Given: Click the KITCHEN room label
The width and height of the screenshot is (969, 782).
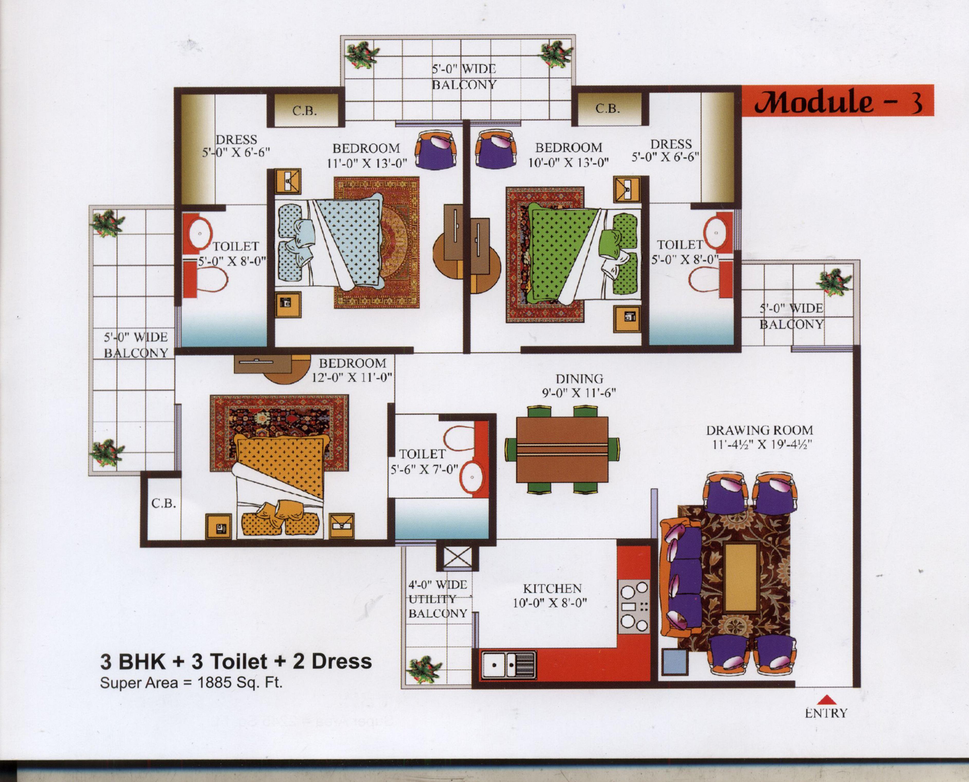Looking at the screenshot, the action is tap(552, 588).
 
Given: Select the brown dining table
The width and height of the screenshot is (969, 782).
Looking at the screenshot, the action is tap(563, 450).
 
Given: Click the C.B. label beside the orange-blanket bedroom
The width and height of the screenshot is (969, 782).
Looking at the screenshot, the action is tap(163, 503).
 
